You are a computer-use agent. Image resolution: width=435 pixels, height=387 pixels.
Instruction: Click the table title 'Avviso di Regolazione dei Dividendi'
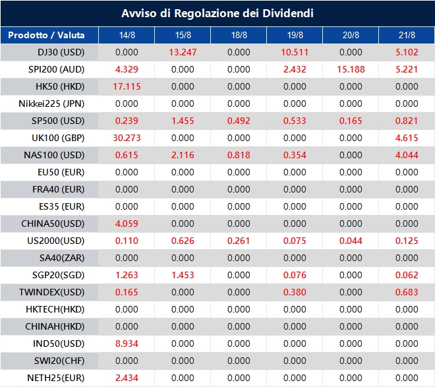click(217, 13)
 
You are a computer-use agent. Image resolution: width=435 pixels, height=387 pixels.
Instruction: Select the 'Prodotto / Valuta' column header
click(49, 35)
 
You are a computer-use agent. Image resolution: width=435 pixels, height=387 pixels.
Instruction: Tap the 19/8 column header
click(295, 35)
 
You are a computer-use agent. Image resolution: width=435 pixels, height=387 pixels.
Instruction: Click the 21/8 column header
click(407, 35)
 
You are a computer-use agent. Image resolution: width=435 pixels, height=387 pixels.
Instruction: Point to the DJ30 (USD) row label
click(51, 52)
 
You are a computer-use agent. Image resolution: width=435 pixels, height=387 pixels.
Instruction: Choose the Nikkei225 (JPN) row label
click(51, 104)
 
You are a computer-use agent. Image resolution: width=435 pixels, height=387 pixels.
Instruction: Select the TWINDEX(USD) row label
click(51, 292)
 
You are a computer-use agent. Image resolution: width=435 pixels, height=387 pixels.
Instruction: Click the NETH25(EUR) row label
click(51, 378)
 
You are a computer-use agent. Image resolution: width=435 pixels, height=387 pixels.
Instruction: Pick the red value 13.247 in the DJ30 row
click(183, 52)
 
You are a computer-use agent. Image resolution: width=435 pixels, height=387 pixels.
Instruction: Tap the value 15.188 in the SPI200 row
click(351, 69)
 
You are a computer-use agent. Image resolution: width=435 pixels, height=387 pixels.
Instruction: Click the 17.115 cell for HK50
click(127, 86)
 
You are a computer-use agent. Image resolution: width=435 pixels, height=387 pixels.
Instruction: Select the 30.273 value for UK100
click(127, 138)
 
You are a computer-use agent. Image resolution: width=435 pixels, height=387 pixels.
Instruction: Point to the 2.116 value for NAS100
click(183, 155)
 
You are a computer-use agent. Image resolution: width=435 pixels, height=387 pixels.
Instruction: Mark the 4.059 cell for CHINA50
click(127, 223)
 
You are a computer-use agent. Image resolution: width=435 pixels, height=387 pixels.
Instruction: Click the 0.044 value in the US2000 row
click(351, 241)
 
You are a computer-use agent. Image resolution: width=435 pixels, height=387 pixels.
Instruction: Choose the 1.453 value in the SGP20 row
click(183, 275)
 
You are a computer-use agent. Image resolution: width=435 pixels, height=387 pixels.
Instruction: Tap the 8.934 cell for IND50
click(127, 343)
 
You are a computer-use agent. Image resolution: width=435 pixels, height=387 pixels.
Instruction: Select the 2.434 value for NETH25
click(127, 378)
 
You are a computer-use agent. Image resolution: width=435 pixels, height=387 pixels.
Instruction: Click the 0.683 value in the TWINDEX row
click(407, 292)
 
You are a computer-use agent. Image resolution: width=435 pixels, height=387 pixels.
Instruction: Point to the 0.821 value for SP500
click(407, 121)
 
